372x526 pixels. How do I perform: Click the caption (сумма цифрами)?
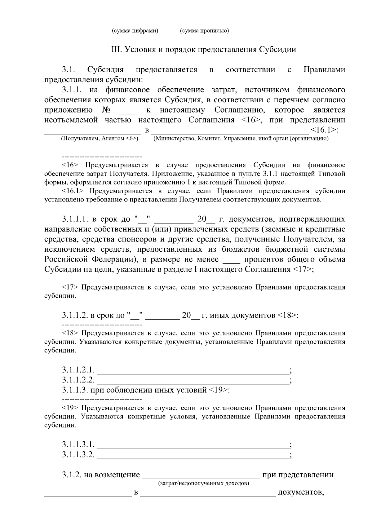click(x=135, y=31)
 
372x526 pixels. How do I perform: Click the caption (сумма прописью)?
click(x=204, y=31)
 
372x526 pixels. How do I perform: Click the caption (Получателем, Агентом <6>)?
click(x=100, y=139)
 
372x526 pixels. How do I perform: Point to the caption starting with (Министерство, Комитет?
click(x=241, y=139)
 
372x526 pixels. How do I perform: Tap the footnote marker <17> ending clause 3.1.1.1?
click(x=302, y=269)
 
